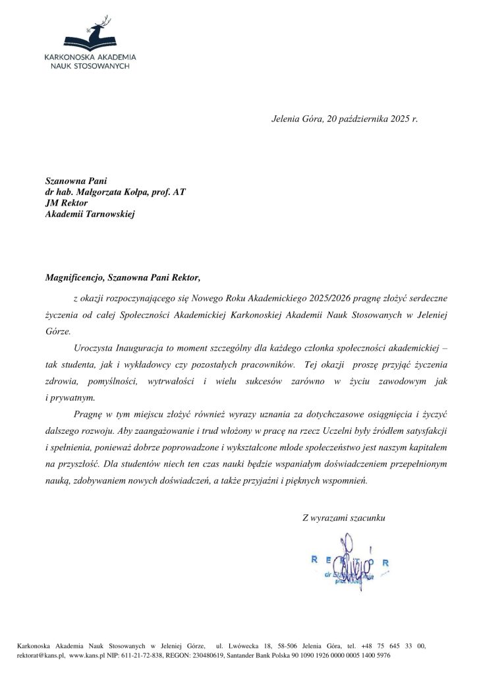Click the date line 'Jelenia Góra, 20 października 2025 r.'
coord(345,119)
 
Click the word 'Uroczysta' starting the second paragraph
coord(94,348)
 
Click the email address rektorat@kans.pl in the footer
coord(41,657)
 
